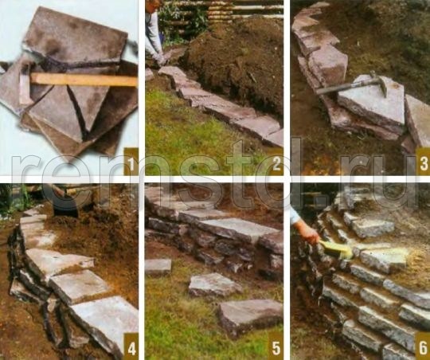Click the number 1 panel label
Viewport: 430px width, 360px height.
(131, 162)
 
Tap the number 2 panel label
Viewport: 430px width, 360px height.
(276, 162)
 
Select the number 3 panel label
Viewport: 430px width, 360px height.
(423, 162)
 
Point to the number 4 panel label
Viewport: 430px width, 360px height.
(131, 346)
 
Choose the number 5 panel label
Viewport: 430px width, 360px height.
(276, 346)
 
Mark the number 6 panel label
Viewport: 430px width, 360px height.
(423, 346)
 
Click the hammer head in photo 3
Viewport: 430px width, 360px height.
(380, 82)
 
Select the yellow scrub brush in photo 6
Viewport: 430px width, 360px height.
(337, 249)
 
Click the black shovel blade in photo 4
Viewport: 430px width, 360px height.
(65, 205)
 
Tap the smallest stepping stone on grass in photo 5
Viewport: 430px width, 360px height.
(158, 267)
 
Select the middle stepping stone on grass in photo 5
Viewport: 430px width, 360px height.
(215, 285)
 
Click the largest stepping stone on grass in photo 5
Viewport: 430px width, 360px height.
(251, 316)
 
